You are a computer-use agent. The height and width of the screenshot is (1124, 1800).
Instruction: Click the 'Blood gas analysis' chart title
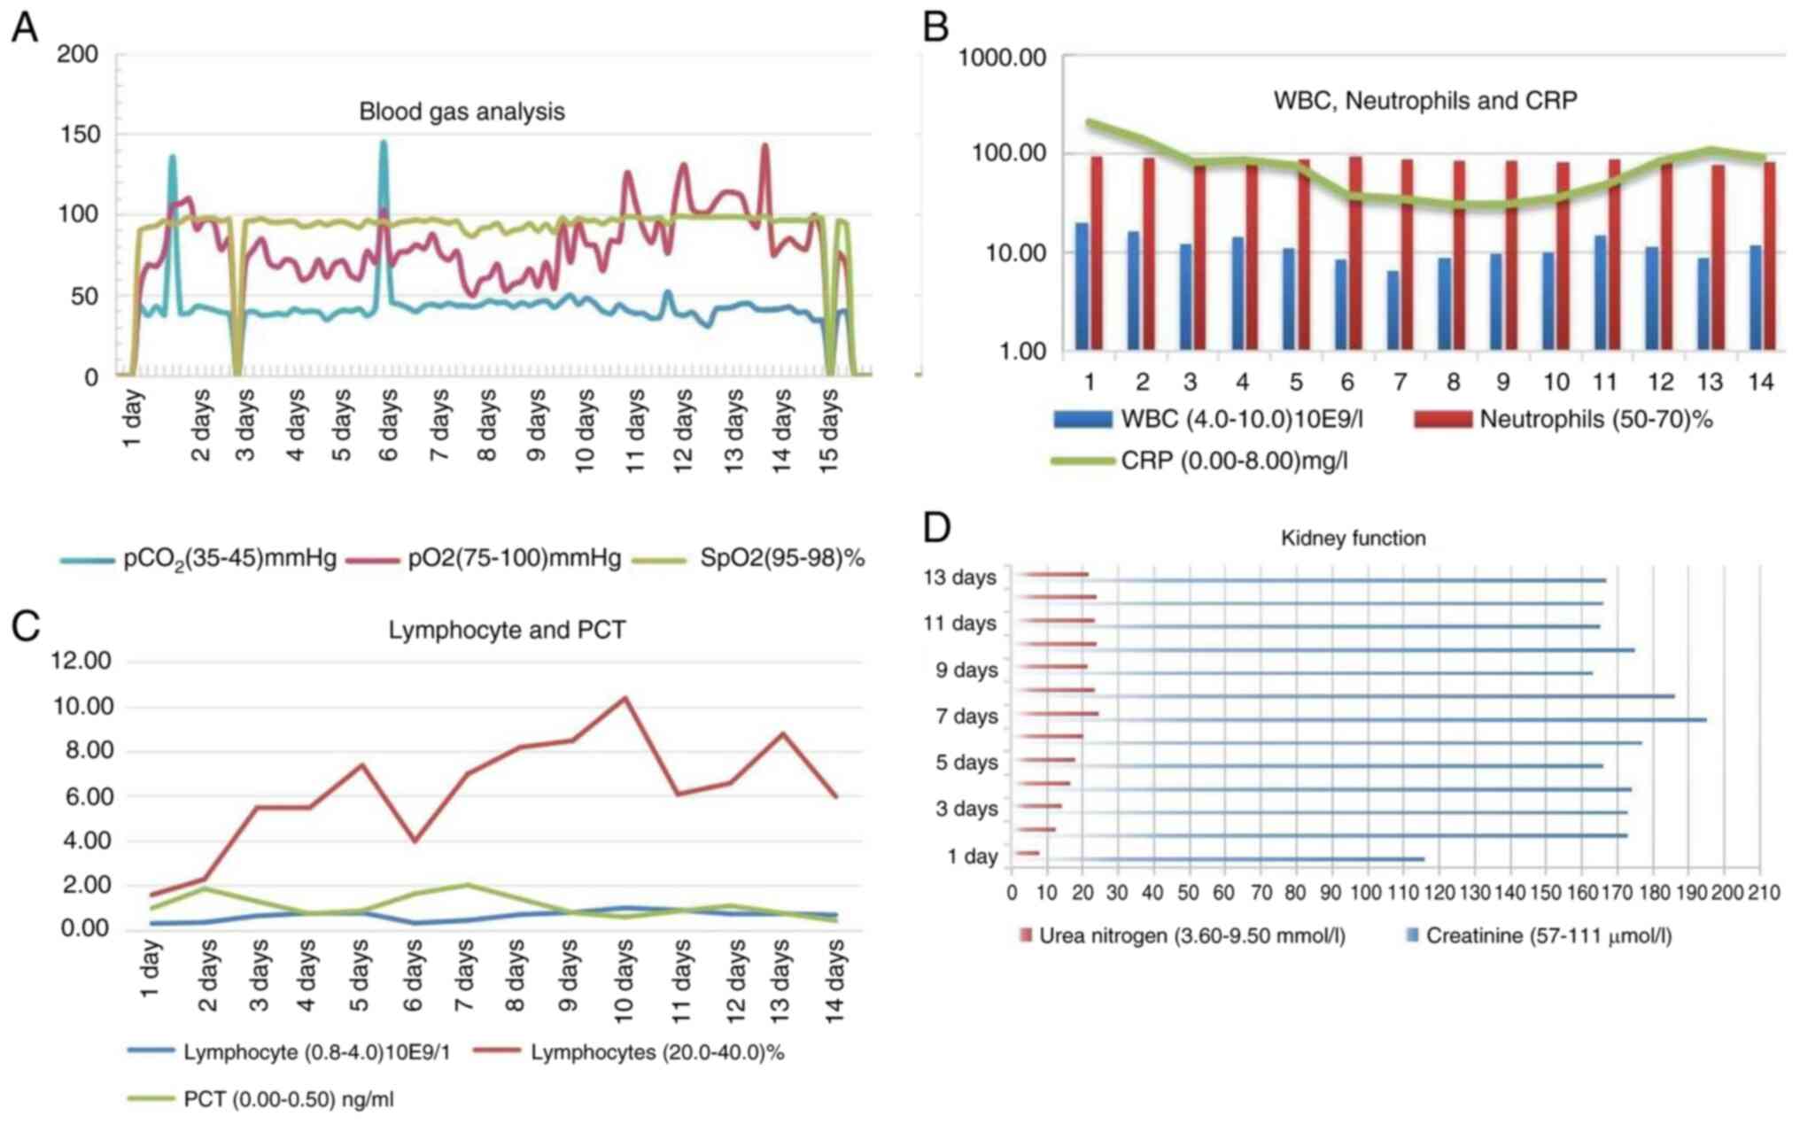tap(462, 112)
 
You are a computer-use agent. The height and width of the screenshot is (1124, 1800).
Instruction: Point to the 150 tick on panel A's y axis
tap(78, 135)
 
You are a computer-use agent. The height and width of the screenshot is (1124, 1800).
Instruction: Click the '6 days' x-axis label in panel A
tap(388, 425)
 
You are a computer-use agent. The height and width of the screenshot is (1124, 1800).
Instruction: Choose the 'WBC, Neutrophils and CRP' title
tap(1424, 101)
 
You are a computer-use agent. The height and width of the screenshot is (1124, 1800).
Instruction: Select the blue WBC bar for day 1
tap(1082, 285)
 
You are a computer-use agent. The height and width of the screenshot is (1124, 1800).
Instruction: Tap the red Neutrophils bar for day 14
tap(1769, 255)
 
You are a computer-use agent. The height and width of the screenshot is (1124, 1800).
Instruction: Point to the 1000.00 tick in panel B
tap(1003, 58)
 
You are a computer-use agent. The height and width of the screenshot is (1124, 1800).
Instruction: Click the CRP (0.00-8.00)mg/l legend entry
tap(1233, 461)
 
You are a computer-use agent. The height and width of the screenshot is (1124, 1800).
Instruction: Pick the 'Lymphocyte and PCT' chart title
tap(507, 630)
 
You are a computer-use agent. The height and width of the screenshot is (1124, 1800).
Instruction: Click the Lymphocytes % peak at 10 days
tap(625, 698)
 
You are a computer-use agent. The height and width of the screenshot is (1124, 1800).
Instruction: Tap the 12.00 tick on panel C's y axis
tap(81, 661)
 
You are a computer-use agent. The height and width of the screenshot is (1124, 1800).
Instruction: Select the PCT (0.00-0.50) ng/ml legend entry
tap(288, 1099)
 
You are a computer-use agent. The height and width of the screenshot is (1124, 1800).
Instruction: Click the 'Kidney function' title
tap(1353, 539)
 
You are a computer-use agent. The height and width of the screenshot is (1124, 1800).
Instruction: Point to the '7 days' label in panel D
tap(966, 716)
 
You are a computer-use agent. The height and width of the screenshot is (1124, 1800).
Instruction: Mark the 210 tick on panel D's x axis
tap(1762, 893)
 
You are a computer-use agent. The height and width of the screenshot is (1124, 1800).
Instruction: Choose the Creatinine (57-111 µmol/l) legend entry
tap(1548, 935)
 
